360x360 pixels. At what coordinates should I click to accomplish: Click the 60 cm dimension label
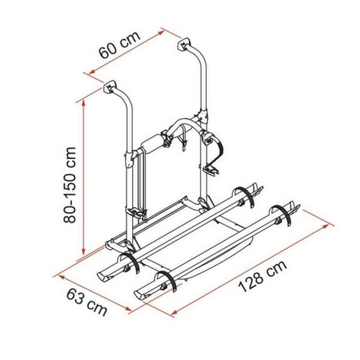tap(119, 45)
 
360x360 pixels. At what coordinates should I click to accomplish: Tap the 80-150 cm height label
tap(70, 185)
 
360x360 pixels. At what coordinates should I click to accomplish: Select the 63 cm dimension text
tap(87, 302)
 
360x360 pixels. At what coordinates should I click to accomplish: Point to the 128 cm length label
tap(262, 276)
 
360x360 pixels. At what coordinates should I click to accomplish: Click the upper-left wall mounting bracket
tap(110, 87)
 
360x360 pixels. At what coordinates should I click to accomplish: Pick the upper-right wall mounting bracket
tap(184, 44)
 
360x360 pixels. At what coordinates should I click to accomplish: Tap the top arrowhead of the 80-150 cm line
tap(84, 103)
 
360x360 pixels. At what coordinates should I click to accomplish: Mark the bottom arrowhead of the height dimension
tap(83, 251)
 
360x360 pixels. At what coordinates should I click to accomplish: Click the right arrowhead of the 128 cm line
tap(326, 226)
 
